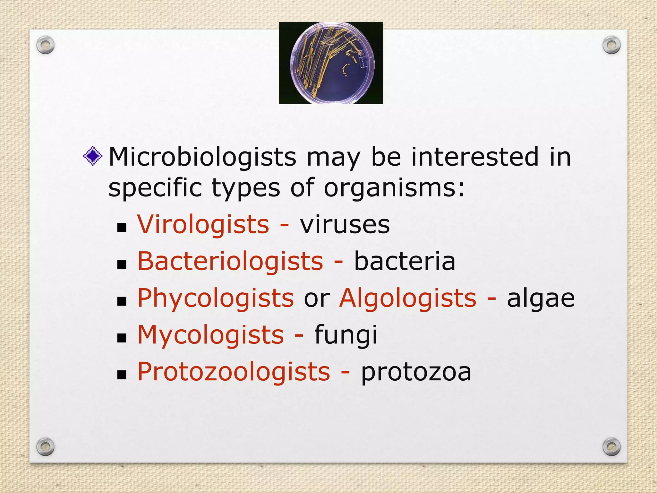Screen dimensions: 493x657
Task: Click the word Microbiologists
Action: click(x=202, y=157)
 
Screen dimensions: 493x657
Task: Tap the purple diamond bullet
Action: click(x=93, y=156)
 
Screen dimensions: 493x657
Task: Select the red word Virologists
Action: click(x=203, y=224)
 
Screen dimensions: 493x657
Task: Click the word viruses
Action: click(x=345, y=224)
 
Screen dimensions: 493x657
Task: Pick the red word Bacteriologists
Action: click(x=230, y=261)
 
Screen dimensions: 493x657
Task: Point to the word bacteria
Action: click(x=405, y=261)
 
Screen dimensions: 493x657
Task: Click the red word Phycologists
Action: click(x=216, y=298)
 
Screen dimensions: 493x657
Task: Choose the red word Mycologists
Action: click(x=211, y=335)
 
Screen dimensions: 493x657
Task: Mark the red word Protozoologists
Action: click(x=234, y=372)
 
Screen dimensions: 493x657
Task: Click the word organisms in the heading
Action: click(x=394, y=188)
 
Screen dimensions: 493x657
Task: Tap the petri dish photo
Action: click(x=331, y=63)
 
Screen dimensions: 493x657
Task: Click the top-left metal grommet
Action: click(x=45, y=45)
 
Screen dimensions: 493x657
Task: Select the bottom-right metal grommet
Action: click(x=611, y=447)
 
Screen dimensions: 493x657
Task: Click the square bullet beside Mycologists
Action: click(x=122, y=338)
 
